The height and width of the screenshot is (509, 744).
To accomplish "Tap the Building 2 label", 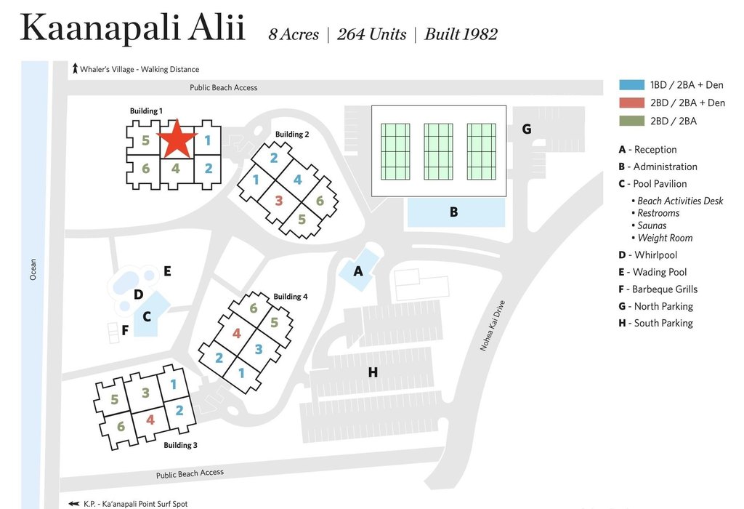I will pyautogui.click(x=292, y=135).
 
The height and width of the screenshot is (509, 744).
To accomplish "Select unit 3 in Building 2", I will pyautogui.click(x=278, y=200).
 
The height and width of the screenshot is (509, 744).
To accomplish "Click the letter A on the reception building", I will pyautogui.click(x=357, y=271).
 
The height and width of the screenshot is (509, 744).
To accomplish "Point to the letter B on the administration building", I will pyautogui.click(x=453, y=212).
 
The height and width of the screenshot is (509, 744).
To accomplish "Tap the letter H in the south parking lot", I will pyautogui.click(x=373, y=372).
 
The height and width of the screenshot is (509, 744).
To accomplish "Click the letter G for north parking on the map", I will pyautogui.click(x=527, y=129).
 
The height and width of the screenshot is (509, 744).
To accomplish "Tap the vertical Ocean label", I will pyautogui.click(x=33, y=269).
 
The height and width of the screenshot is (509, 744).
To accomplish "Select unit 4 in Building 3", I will pyautogui.click(x=150, y=420).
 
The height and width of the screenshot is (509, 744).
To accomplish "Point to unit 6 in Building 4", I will pyautogui.click(x=254, y=308).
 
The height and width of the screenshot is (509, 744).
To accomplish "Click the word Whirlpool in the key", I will pyautogui.click(x=655, y=255).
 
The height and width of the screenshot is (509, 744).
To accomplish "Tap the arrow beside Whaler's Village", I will pyautogui.click(x=75, y=69).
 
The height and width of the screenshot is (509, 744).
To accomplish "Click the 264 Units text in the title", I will pyautogui.click(x=371, y=34).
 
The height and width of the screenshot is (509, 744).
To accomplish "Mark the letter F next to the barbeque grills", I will pyautogui.click(x=125, y=330).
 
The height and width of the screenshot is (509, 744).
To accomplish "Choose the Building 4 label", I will pyautogui.click(x=291, y=297).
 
